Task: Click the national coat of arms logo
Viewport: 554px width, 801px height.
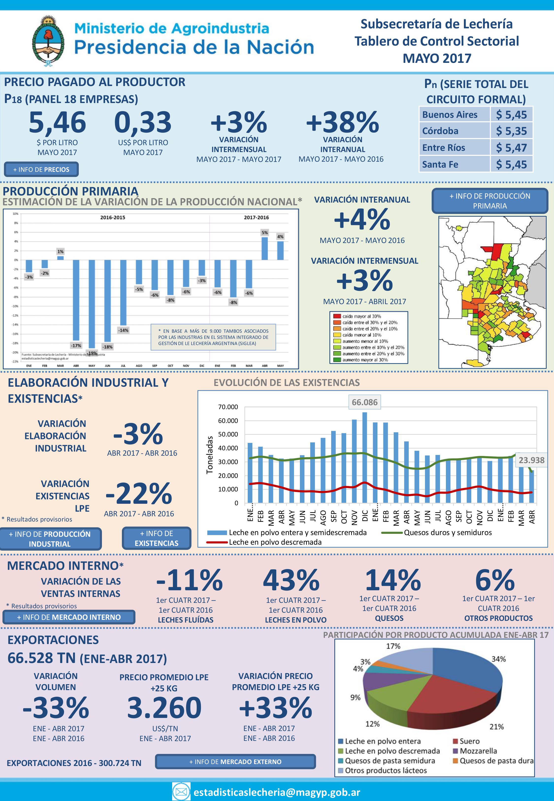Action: tap(48, 41)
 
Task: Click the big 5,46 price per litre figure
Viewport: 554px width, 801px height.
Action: tap(57, 122)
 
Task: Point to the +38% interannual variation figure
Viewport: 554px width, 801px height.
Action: tap(342, 122)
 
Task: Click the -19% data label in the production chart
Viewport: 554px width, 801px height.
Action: tap(92, 353)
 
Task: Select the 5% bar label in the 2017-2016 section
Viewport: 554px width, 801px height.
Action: tap(264, 232)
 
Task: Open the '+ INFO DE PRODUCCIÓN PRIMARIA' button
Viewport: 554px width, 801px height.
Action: tap(489, 201)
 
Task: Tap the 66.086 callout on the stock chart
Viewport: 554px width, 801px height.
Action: tap(364, 402)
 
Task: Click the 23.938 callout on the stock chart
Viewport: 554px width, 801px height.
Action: tap(531, 460)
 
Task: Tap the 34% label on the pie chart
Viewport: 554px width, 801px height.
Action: tap(498, 659)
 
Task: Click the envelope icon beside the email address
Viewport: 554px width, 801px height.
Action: tap(181, 792)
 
